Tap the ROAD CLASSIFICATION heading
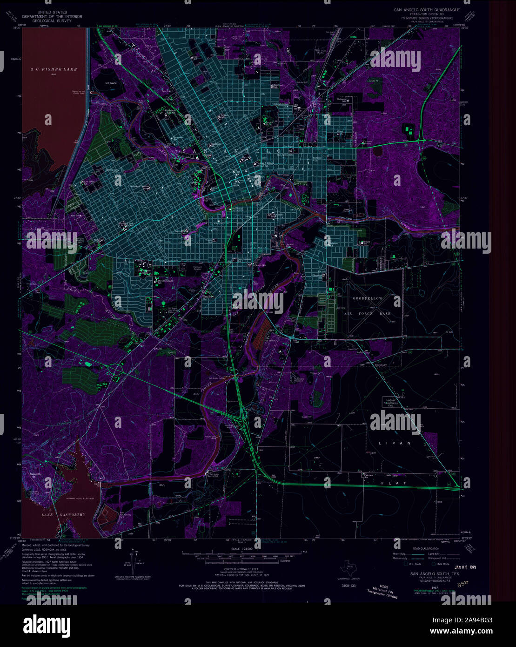pos(425,549)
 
